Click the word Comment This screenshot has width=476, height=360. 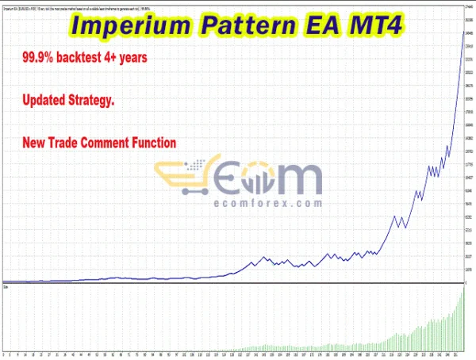[120, 143]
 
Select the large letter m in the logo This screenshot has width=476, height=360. [297, 180]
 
